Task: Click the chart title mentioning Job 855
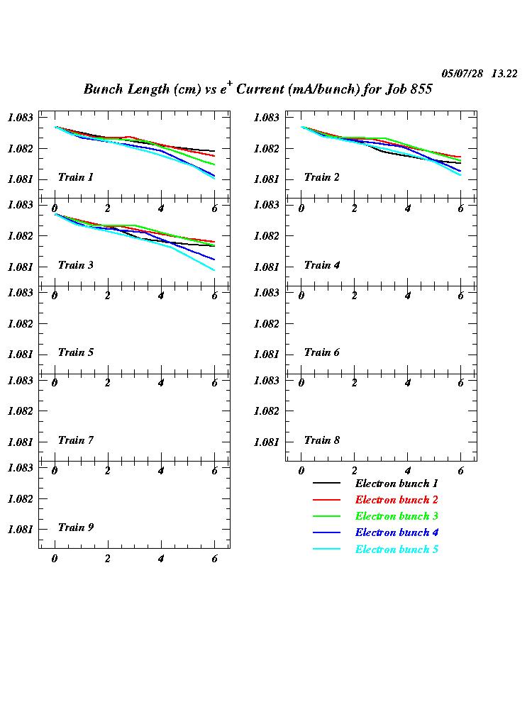click(x=257, y=89)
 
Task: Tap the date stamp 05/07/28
click(x=462, y=74)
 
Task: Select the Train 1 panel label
click(x=75, y=177)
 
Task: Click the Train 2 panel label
click(x=321, y=177)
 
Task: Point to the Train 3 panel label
click(x=75, y=265)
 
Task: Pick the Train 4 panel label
click(x=321, y=265)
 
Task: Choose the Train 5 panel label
click(x=75, y=352)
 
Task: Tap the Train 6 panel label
click(x=321, y=352)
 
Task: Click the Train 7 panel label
click(x=75, y=440)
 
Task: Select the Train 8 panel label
click(x=321, y=440)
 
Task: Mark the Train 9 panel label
click(x=75, y=527)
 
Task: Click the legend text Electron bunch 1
click(x=397, y=484)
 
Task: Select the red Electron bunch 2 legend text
click(x=397, y=500)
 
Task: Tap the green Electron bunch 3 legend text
click(x=397, y=516)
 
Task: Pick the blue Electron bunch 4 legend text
click(x=397, y=532)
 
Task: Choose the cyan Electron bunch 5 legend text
click(x=397, y=549)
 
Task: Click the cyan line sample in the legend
click(x=326, y=549)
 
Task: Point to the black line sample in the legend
click(x=326, y=484)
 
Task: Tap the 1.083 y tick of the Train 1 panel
click(x=21, y=118)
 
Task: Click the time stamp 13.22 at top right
click(x=504, y=74)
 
